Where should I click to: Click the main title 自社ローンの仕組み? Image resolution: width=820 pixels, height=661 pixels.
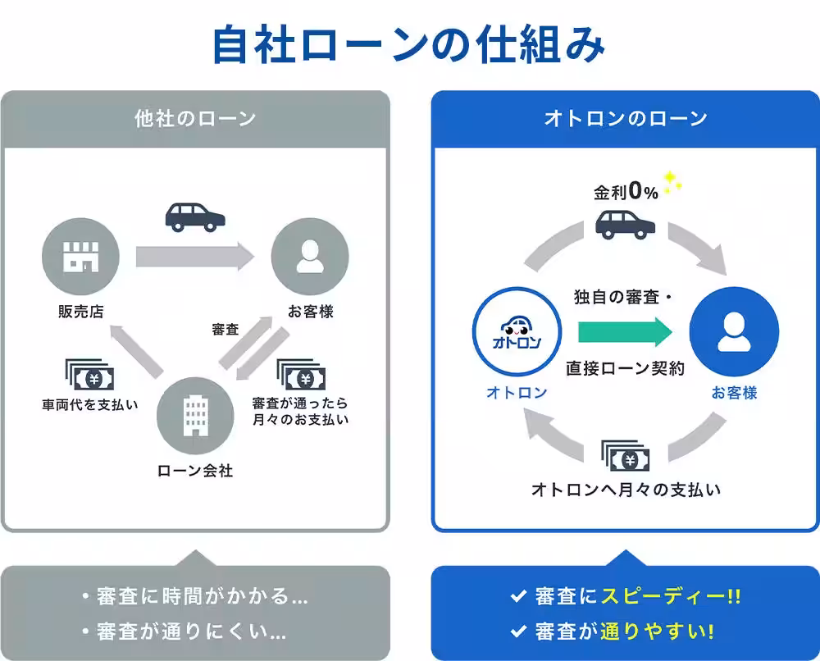click(408, 46)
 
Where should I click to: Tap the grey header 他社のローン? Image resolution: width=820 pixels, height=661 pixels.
click(195, 119)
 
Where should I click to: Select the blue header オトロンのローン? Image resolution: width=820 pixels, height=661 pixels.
click(626, 119)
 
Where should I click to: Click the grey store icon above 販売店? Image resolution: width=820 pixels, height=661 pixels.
click(80, 257)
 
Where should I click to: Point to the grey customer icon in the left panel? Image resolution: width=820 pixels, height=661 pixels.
click(309, 257)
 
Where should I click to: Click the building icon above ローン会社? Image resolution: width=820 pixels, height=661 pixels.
click(195, 417)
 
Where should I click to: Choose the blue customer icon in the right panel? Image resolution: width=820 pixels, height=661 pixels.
click(734, 332)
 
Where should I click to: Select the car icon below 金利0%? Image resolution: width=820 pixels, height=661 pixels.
click(625, 223)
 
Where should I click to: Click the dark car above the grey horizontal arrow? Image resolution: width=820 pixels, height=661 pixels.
click(195, 217)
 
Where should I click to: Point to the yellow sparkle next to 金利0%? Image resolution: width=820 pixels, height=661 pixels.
click(673, 183)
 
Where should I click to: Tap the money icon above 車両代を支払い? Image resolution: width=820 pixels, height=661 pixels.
click(89, 376)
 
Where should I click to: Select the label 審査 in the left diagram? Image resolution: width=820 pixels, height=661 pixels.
click(225, 329)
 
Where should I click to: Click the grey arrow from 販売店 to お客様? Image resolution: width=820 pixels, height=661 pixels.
click(195, 257)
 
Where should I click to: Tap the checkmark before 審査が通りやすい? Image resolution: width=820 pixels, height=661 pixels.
click(517, 632)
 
